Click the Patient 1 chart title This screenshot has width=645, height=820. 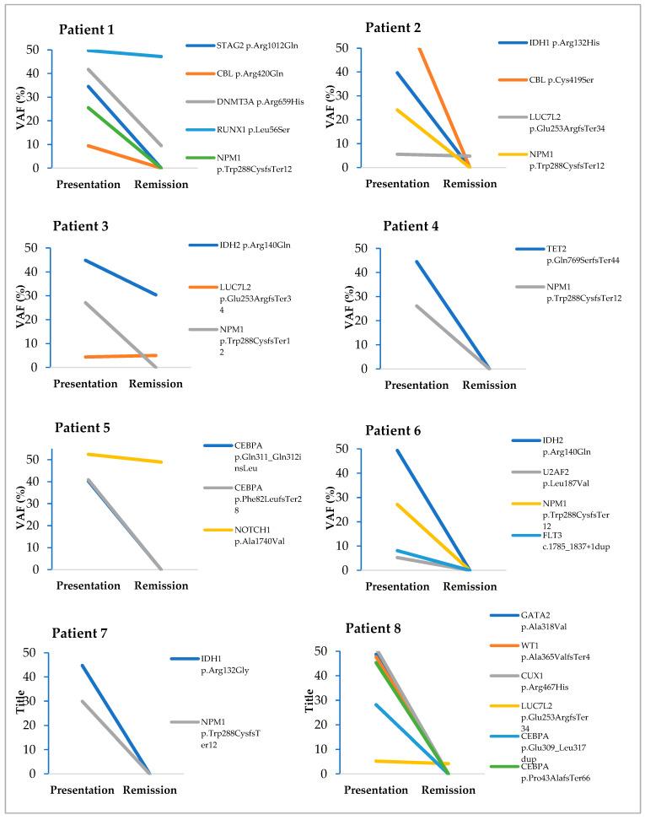93,30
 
